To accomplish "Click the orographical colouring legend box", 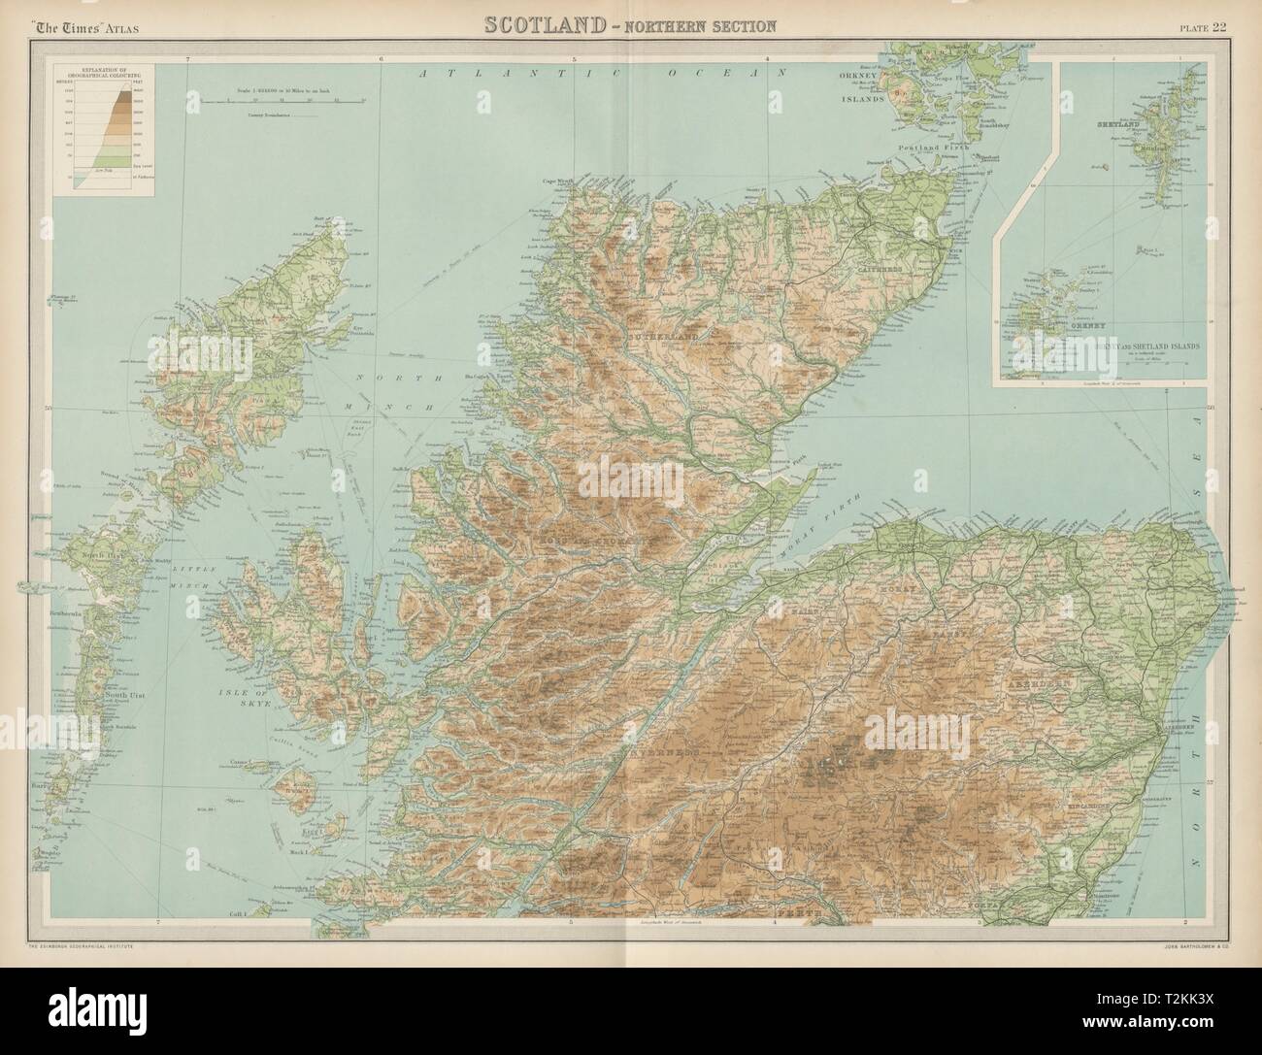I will pyautogui.click(x=104, y=130).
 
